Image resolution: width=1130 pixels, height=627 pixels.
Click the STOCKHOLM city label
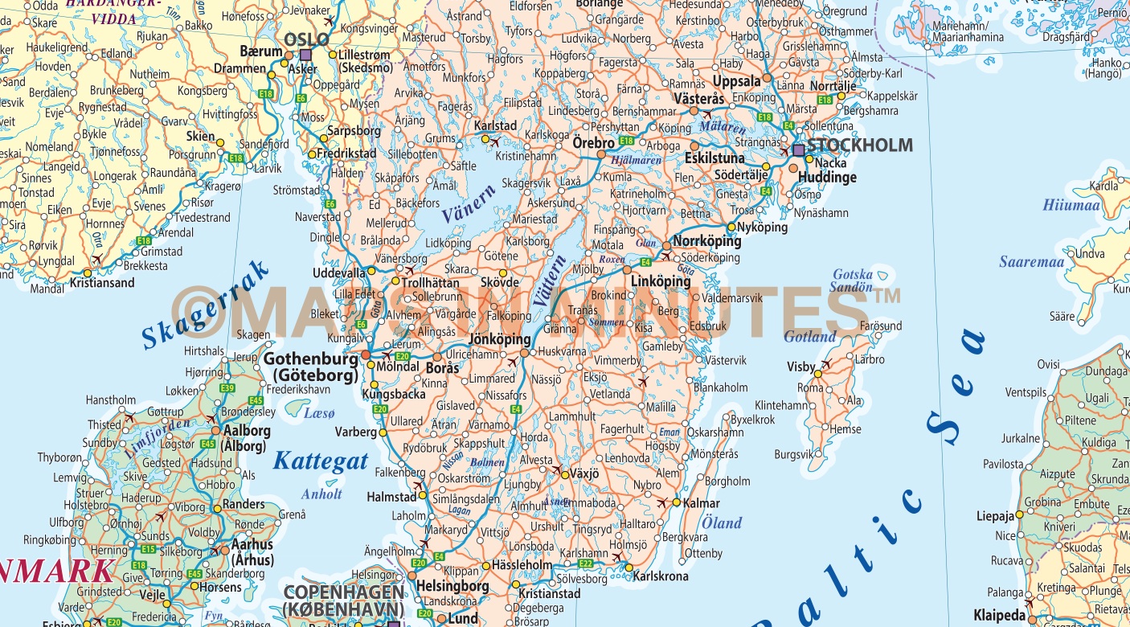859,145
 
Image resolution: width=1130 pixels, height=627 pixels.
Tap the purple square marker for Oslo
305,55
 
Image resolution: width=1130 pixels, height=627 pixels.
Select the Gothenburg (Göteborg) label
310,367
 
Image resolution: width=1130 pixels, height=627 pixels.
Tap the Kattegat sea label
320,461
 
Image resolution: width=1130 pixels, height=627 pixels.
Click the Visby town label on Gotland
800,367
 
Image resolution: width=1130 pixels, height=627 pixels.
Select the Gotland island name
810,337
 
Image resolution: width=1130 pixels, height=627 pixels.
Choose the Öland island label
721,522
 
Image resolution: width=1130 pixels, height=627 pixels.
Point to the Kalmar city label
701,503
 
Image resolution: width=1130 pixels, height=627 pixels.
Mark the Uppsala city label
736,81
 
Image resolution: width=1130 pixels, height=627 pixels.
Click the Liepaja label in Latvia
996,516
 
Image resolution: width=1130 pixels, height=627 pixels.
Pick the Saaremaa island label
1031,262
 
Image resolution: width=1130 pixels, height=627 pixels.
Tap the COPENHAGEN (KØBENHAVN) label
343,599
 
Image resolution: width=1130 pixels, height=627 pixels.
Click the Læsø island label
318,412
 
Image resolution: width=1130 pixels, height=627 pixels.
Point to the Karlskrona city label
661,577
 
